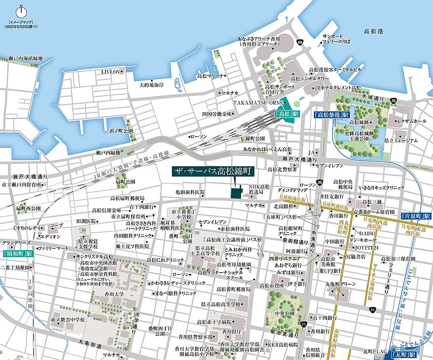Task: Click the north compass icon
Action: coord(21,11)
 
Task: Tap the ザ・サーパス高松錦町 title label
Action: coord(214,171)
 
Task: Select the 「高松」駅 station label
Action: coord(286,115)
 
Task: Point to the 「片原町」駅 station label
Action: coord(416,216)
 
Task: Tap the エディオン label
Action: coord(50,237)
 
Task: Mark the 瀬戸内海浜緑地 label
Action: coord(26,58)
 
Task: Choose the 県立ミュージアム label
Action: coord(401,141)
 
